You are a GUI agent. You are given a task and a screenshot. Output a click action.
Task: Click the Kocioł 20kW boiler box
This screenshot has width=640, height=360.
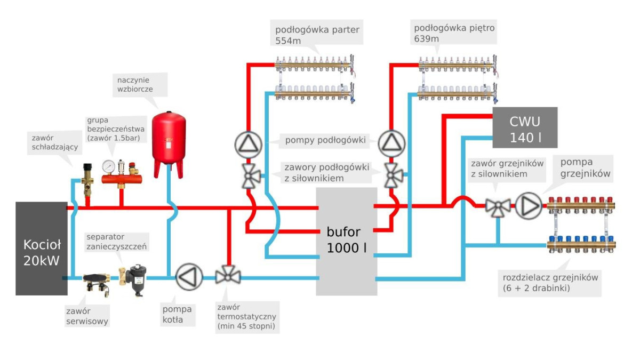(x=42, y=248)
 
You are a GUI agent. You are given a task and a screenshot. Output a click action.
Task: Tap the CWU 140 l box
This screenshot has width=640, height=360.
(x=525, y=127)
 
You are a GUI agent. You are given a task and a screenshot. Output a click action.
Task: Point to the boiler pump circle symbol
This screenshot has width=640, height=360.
(x=189, y=276)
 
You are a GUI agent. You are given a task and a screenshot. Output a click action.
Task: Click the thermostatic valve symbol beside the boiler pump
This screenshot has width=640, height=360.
(x=228, y=276)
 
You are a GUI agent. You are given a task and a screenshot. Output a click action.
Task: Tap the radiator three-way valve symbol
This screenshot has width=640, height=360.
(x=498, y=206)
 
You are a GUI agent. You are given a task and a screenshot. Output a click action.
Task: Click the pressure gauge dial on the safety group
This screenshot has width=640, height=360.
(x=110, y=166)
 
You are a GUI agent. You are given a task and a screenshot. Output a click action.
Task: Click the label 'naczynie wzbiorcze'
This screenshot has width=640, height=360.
(x=135, y=85)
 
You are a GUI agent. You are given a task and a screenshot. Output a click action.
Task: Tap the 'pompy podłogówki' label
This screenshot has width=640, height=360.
(x=325, y=141)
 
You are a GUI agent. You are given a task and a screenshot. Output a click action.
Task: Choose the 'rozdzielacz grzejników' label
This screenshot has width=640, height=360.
(x=550, y=283)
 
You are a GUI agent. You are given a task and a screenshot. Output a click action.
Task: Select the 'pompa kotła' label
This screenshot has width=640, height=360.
(x=178, y=315)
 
